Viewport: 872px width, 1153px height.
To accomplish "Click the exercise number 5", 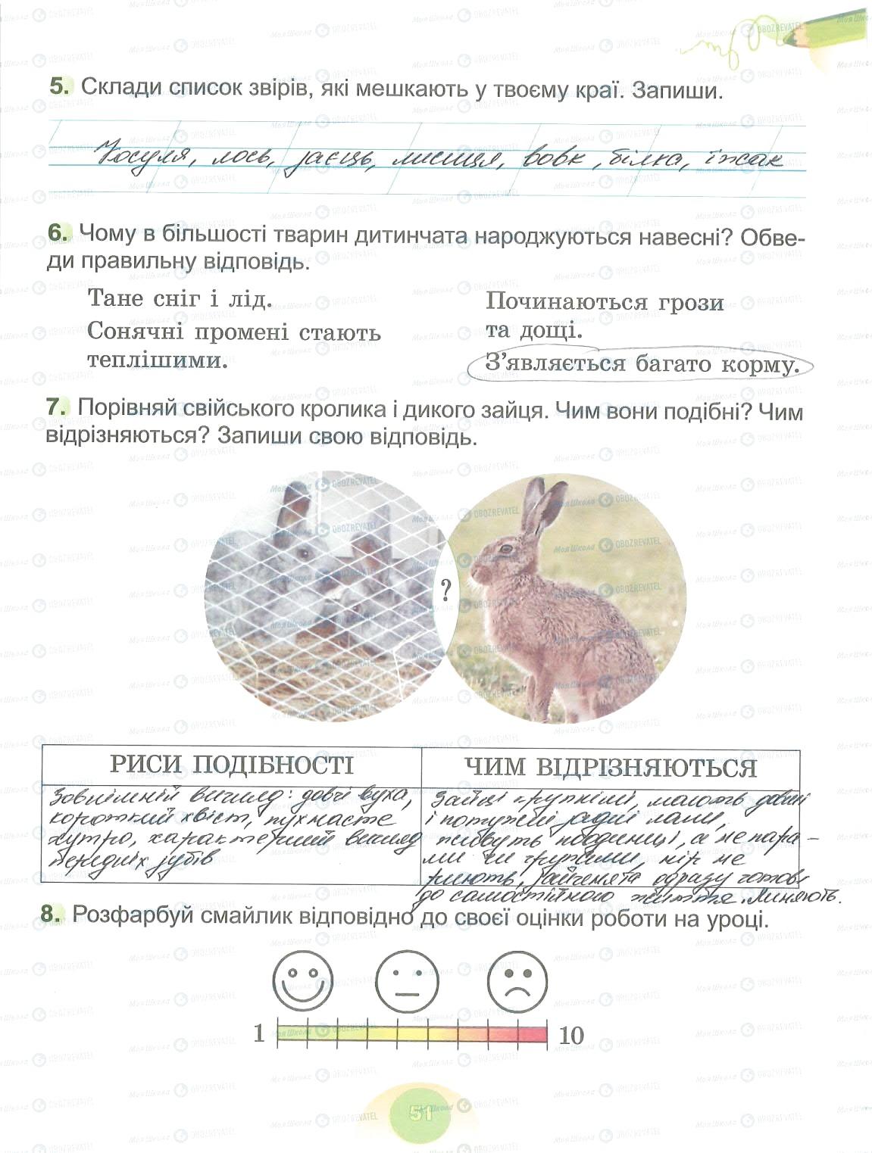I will [x=60, y=87].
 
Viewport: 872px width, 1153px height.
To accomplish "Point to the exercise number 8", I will [x=51, y=915].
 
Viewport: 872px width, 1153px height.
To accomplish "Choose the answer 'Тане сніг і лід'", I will [x=180, y=298].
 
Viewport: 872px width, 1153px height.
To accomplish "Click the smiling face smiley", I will [x=302, y=982].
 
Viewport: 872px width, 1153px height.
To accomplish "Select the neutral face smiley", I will [x=407, y=982].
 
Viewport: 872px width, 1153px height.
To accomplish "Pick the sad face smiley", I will [x=517, y=982].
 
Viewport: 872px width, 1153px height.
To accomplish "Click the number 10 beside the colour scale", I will [x=570, y=1035].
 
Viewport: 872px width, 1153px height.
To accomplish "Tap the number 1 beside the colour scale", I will [x=259, y=1033].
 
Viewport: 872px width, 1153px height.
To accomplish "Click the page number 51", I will [x=420, y=1113].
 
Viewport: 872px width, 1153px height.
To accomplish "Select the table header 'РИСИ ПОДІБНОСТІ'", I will [x=231, y=765].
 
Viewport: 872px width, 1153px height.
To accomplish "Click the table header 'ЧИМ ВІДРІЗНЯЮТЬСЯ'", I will [x=611, y=768].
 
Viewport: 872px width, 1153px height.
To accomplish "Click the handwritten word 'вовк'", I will [x=551, y=159].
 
